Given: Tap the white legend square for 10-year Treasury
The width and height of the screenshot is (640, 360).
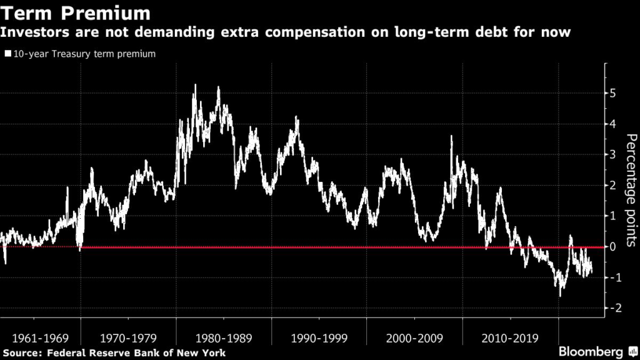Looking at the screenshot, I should tap(7, 54).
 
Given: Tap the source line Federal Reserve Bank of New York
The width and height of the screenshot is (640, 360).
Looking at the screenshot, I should tap(113, 353).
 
